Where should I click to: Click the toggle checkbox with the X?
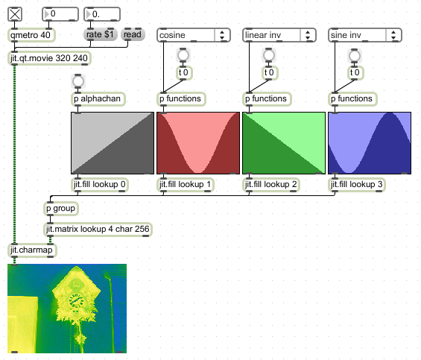pos(15,14)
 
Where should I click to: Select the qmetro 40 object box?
pos(31,35)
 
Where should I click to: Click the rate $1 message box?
pos(100,34)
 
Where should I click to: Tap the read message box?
pos(133,34)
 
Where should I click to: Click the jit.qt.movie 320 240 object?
pos(49,58)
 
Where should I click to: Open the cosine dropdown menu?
pos(194,35)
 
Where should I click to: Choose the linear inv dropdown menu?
pos(279,35)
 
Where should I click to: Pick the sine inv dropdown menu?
pos(365,35)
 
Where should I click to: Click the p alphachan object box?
pos(98,99)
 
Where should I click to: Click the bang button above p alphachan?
pos(77,81)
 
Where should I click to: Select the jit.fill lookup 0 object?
pos(100,185)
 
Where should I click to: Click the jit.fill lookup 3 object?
pos(357,185)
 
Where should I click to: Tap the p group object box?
pos(61,209)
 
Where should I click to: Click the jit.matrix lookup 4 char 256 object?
pos(98,229)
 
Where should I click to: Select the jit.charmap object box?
pos(32,250)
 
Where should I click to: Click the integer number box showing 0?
pos(60,14)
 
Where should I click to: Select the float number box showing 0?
pos(102,14)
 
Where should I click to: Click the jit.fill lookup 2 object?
pos(271,185)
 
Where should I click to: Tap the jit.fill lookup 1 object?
pos(186,185)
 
